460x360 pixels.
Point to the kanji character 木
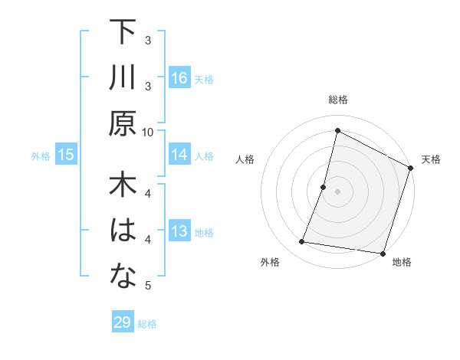[123, 187]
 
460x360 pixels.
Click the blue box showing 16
[179, 78]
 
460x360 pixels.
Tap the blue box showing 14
[179, 155]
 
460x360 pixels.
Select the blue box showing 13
[179, 232]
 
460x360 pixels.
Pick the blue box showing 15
[66, 155]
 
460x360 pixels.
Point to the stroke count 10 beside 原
[148, 132]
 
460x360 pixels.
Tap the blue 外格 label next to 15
[41, 156]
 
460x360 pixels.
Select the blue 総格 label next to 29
[148, 323]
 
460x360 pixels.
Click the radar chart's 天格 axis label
[432, 159]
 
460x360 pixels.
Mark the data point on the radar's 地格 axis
[382, 253]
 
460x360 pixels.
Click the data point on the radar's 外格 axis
[302, 242]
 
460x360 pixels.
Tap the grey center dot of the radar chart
[337, 191]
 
